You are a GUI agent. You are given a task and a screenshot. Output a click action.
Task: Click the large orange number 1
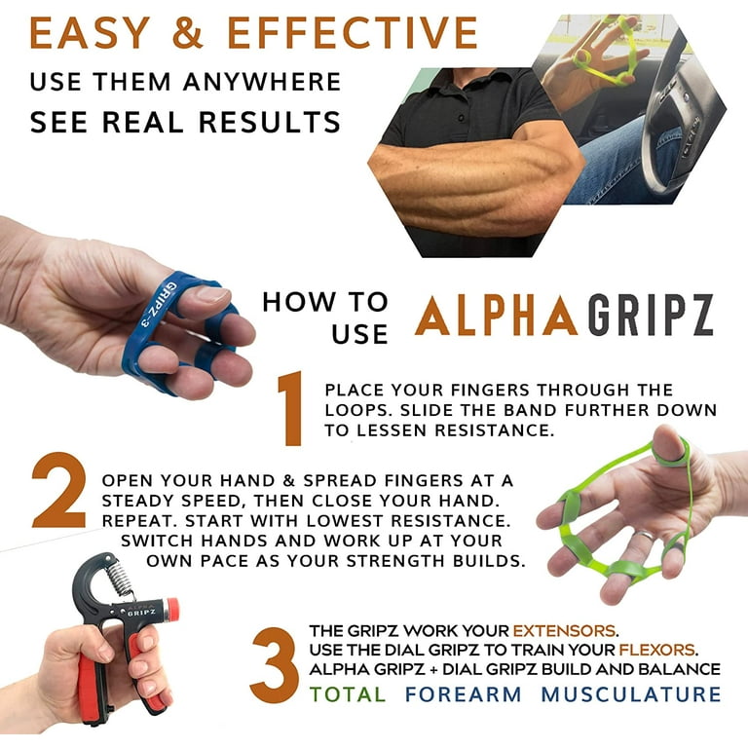(291, 408)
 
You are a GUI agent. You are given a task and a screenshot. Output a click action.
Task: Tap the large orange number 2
(59, 490)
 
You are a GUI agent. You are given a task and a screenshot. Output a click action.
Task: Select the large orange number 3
(275, 665)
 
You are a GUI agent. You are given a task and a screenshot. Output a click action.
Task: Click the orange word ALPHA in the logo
(497, 316)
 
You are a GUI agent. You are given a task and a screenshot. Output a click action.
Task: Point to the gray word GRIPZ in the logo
(651, 316)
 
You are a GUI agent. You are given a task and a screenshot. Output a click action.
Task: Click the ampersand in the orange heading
(188, 32)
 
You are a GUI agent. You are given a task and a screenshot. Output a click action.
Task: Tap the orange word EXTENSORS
(564, 631)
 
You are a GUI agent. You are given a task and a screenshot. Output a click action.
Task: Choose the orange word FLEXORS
(656, 650)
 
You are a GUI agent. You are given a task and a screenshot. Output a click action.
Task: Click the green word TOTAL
(348, 694)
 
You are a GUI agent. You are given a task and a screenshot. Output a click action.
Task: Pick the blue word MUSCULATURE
(631, 694)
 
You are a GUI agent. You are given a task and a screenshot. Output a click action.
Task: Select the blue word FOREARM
(463, 694)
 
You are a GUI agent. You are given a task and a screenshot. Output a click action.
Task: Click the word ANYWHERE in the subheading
(262, 82)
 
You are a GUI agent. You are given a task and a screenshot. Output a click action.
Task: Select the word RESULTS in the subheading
(270, 122)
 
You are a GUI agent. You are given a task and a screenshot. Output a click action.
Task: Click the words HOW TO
(325, 302)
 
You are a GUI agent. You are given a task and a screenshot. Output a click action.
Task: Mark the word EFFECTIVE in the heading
(353, 32)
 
